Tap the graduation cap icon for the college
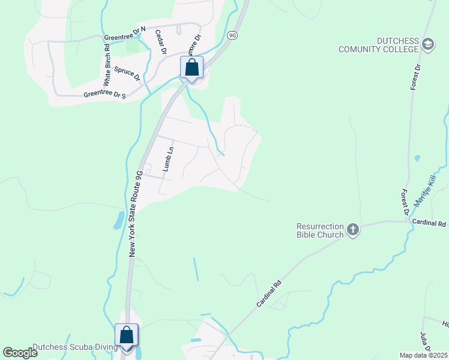tap(427, 44)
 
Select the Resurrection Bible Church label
tap(321, 230)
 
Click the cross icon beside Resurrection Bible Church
tap(353, 229)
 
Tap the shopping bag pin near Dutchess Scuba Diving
tap(127, 335)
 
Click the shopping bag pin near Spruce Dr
tap(192, 67)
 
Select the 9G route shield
tap(233, 35)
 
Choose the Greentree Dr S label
tap(105, 95)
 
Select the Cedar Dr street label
tap(160, 42)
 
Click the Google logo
tap(20, 353)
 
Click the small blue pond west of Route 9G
tap(118, 220)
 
